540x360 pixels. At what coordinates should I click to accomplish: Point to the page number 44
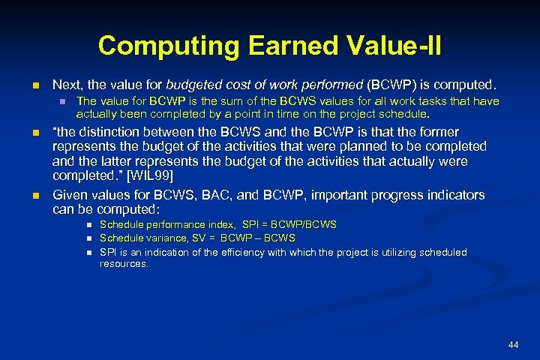(513, 344)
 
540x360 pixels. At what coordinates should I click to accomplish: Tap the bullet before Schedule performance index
(88, 225)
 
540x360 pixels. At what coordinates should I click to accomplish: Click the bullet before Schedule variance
(88, 238)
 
